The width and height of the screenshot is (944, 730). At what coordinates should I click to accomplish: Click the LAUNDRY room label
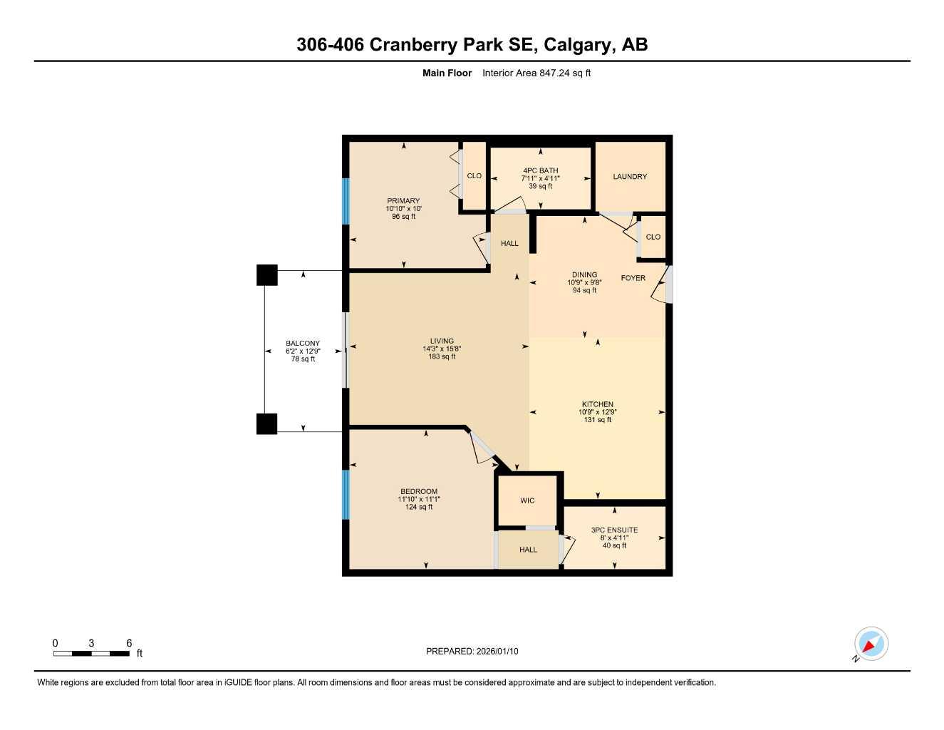coord(630,177)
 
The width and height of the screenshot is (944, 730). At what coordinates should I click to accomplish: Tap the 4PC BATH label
coord(540,171)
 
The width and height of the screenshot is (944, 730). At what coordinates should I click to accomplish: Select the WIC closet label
coord(527,500)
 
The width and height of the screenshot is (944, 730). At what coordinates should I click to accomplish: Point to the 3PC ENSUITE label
coord(614,530)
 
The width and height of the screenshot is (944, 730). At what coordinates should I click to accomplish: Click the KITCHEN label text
coord(597,404)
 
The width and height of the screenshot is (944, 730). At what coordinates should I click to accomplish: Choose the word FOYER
coord(633,278)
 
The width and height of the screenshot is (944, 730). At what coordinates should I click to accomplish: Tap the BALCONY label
coord(303,344)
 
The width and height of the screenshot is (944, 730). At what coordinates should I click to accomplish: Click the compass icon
coord(871,644)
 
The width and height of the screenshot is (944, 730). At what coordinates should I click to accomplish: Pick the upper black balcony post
coord(266,275)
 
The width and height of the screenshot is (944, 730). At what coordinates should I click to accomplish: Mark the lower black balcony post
coord(266,423)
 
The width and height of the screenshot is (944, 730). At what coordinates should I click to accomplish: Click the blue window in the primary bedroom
coord(346,201)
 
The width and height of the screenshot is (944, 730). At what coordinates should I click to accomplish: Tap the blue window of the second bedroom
coord(346,494)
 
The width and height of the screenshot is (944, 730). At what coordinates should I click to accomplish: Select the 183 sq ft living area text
coord(442,356)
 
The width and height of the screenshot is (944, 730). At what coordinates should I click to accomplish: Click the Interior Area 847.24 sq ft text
coord(536,73)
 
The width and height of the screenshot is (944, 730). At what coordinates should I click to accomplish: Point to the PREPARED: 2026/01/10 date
coord(472,651)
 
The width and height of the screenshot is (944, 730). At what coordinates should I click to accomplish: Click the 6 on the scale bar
coord(129,643)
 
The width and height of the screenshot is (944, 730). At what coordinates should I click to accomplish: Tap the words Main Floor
coord(447,73)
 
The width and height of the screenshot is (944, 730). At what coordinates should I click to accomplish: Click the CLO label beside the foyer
coord(653,237)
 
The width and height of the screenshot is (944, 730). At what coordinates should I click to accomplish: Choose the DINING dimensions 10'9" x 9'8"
coord(584,282)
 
